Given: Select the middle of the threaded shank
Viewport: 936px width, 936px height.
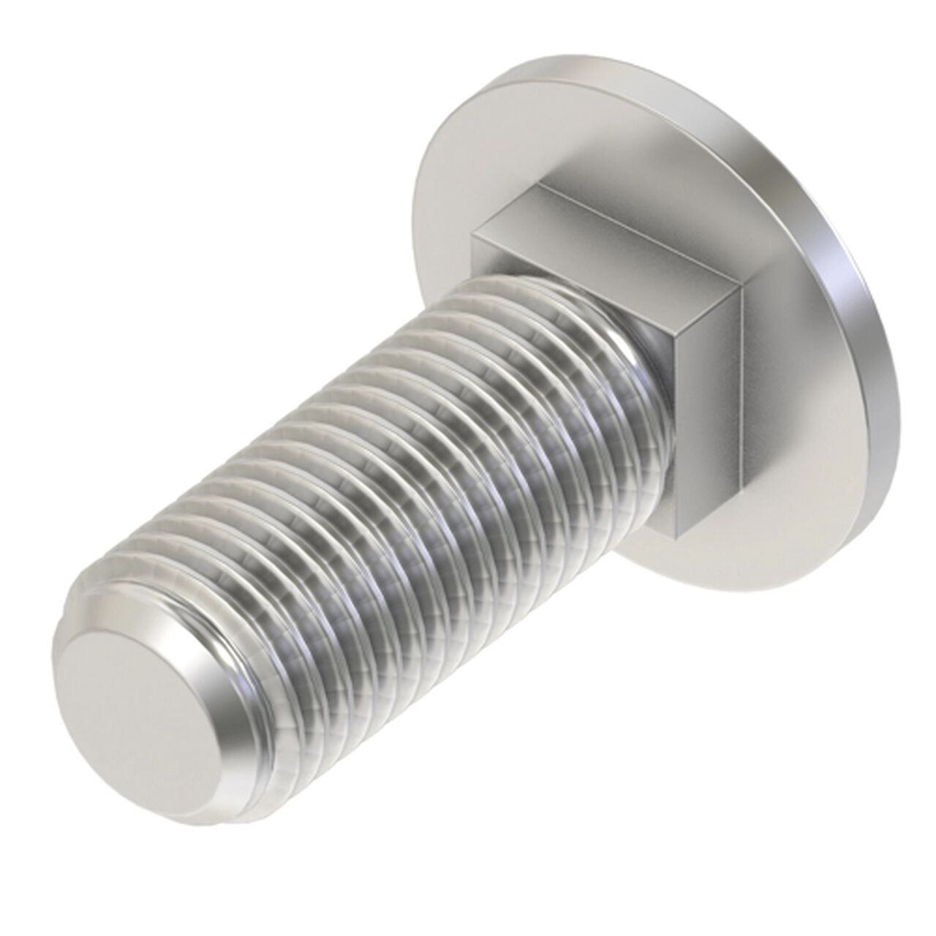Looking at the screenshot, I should click(409, 468).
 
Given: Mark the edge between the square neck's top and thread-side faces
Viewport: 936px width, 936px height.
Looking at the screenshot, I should click(607, 274).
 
